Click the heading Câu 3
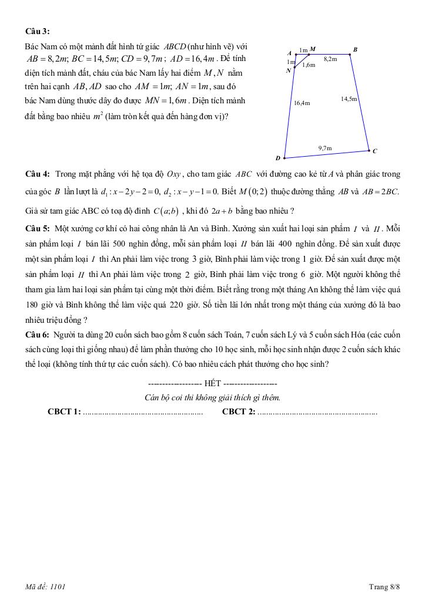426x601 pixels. [37, 31]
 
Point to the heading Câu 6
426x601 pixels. [37, 335]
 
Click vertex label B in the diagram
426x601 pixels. [355, 49]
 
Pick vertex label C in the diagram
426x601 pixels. [375, 151]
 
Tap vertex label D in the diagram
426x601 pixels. [278, 158]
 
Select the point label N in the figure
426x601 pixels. [289, 71]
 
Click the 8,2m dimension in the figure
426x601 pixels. [330, 59]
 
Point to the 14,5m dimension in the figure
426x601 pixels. [349, 99]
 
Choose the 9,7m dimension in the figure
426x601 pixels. [325, 148]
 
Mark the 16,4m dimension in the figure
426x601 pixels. [302, 103]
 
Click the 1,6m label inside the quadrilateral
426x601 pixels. [308, 65]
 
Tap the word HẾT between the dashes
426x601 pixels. [213, 383]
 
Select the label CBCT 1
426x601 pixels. [64, 412]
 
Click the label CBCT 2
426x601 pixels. [239, 412]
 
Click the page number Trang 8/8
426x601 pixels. [384, 586]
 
